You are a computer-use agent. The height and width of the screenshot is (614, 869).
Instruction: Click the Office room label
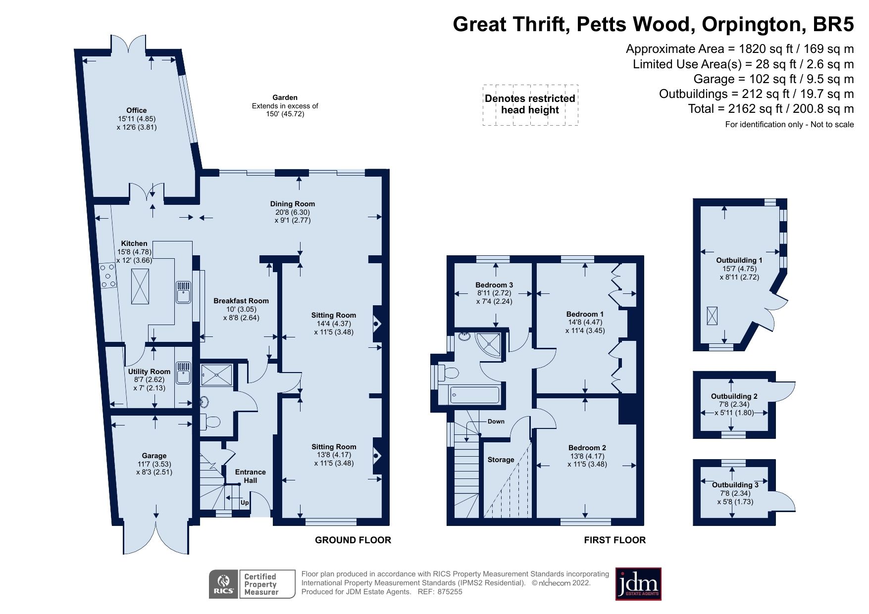pos(136,110)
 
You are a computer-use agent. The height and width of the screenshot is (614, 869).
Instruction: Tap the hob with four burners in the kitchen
pos(108,276)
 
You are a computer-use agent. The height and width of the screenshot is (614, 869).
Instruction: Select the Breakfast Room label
pos(241,301)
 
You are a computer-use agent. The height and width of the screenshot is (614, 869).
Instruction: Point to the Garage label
pos(154,456)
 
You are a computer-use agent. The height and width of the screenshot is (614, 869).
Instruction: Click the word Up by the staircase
pos(245,503)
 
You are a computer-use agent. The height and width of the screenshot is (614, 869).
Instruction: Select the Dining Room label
pos(293,204)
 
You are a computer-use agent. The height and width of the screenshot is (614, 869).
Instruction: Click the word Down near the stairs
pos(496,422)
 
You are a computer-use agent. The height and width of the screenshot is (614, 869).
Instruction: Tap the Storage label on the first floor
pos(501,460)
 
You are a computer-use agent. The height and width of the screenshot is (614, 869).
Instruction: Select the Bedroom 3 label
pos(494,285)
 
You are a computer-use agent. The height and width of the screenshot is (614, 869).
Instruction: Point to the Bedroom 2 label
pos(587,448)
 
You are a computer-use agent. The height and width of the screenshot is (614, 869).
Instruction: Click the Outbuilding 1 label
pos(739,260)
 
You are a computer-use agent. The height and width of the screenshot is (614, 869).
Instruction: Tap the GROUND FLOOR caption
pos(353,540)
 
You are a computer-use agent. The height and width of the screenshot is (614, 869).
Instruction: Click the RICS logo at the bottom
pos(224,584)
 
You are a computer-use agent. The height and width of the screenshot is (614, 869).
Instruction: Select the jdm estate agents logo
pos(638,584)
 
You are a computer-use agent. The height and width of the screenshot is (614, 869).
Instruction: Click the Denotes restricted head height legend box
pos(530,104)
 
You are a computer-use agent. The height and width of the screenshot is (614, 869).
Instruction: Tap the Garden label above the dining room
pos(285,97)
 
